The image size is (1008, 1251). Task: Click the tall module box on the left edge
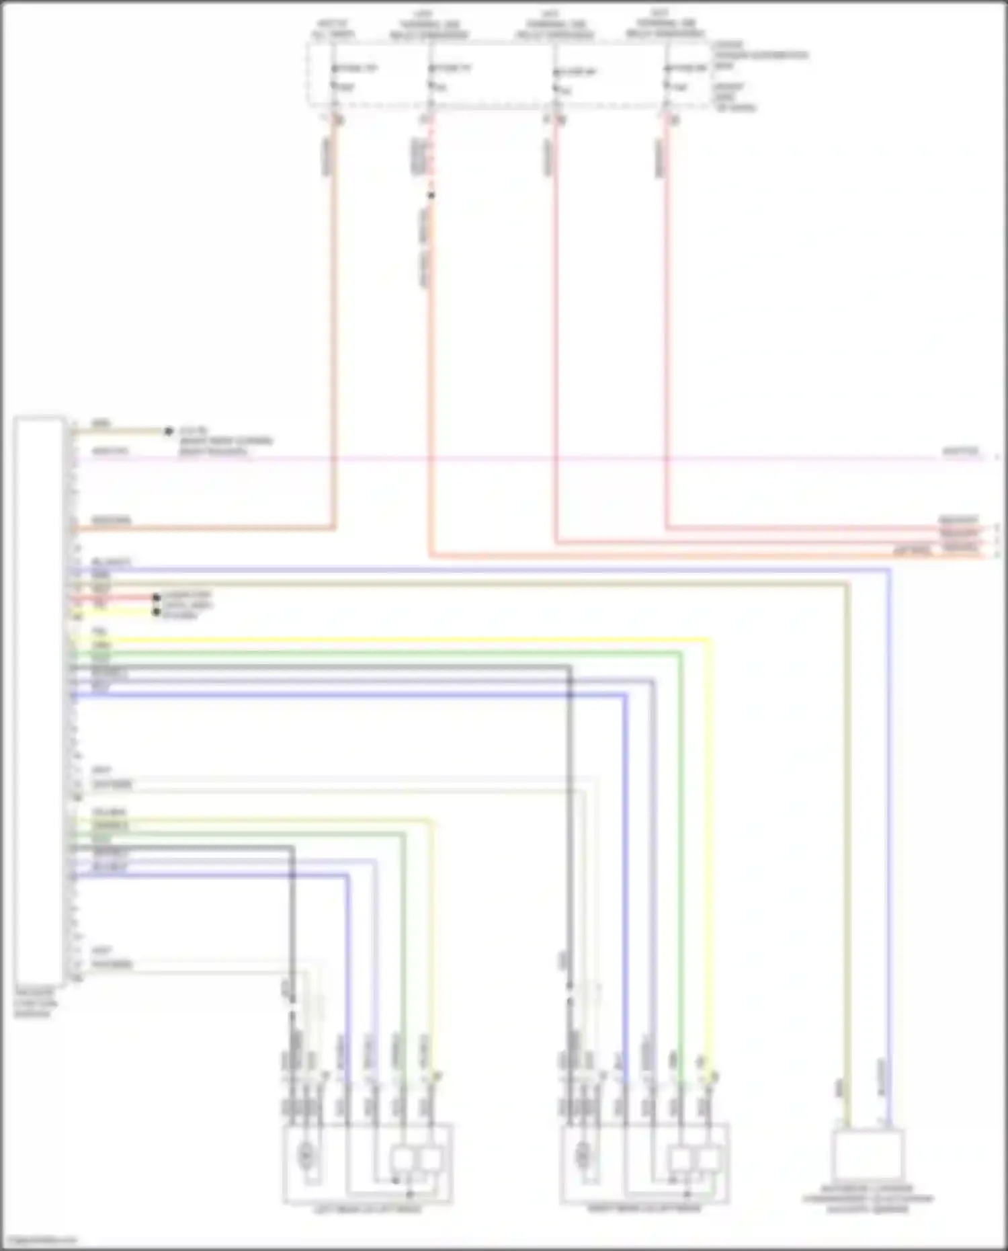pyautogui.click(x=39, y=699)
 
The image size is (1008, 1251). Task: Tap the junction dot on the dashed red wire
pyautogui.click(x=431, y=196)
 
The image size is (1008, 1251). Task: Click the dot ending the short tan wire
pyautogui.click(x=169, y=431)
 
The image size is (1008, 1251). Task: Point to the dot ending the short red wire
pyautogui.click(x=156, y=598)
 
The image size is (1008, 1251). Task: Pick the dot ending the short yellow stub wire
pyautogui.click(x=156, y=612)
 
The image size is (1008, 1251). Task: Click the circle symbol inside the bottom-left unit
pyautogui.click(x=306, y=1155)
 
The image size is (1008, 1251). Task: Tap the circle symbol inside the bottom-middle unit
pyautogui.click(x=583, y=1155)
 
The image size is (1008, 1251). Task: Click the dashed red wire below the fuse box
pyautogui.click(x=431, y=155)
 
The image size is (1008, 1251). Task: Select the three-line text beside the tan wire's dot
pyautogui.click(x=225, y=441)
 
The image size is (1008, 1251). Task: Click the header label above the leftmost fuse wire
pyautogui.click(x=333, y=28)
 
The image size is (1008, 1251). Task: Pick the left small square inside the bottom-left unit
pyautogui.click(x=403, y=1159)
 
